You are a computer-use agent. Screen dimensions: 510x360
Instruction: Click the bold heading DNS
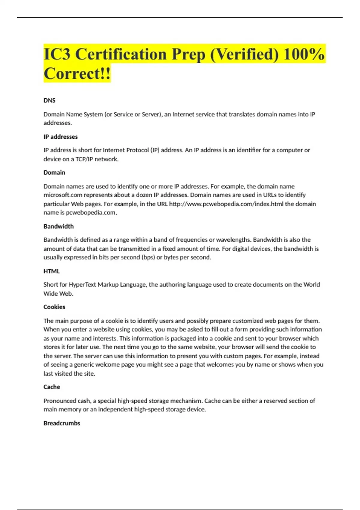tap(49, 100)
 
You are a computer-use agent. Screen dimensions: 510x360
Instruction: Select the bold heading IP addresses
tap(61, 137)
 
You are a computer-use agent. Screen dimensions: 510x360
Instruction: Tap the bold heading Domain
tap(54, 172)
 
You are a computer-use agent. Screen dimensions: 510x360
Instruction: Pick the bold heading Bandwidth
tap(58, 226)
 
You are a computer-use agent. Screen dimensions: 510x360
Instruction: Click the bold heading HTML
tap(52, 271)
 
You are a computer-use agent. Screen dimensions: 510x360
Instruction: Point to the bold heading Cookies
tap(54, 307)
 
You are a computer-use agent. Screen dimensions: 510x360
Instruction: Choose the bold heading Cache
tap(52, 387)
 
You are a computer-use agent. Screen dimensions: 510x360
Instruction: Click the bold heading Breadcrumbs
tap(62, 423)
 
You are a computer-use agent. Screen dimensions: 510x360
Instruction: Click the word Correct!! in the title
tap(77, 73)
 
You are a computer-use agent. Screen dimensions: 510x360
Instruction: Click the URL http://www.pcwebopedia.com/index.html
tap(226, 204)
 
